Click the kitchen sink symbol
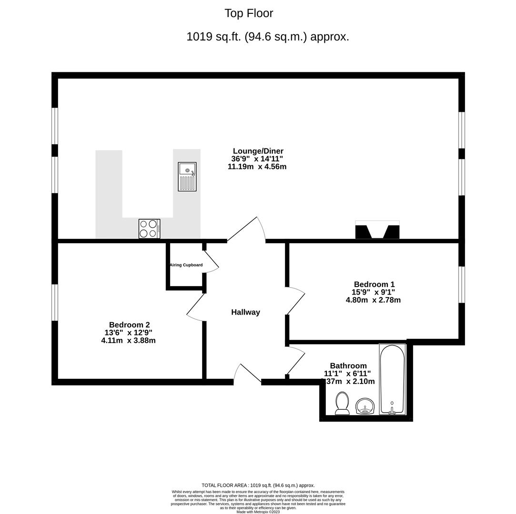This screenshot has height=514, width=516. pos(187,177)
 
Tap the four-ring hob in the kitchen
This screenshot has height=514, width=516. pos(149,228)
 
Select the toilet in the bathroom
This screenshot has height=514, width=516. pos(342,403)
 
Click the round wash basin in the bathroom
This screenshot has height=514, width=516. pos(365,406)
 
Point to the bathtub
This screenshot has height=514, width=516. pos(393,379)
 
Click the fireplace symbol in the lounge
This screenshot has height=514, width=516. pos(377,230)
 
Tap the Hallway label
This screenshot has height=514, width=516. pos(245,312)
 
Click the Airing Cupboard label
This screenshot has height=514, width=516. pos(186,265)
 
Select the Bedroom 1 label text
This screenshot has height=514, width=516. pos(374,285)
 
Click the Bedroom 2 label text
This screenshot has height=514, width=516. pos(129,325)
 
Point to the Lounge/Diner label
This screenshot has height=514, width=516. pos(258,151)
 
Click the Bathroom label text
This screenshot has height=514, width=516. pos(348,366)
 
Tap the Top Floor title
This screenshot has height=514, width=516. pos(249,13)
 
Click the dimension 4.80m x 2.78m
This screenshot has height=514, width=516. pos(373,300)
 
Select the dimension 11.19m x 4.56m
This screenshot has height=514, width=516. pos(257,167)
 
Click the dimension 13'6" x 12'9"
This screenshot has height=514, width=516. pos(128,333)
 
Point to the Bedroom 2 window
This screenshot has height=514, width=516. pos(55,303)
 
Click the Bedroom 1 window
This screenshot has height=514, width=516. pos(461,285)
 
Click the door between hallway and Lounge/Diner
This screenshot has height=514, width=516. pos(247,230)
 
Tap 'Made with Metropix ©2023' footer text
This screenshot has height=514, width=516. pos(258,512)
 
